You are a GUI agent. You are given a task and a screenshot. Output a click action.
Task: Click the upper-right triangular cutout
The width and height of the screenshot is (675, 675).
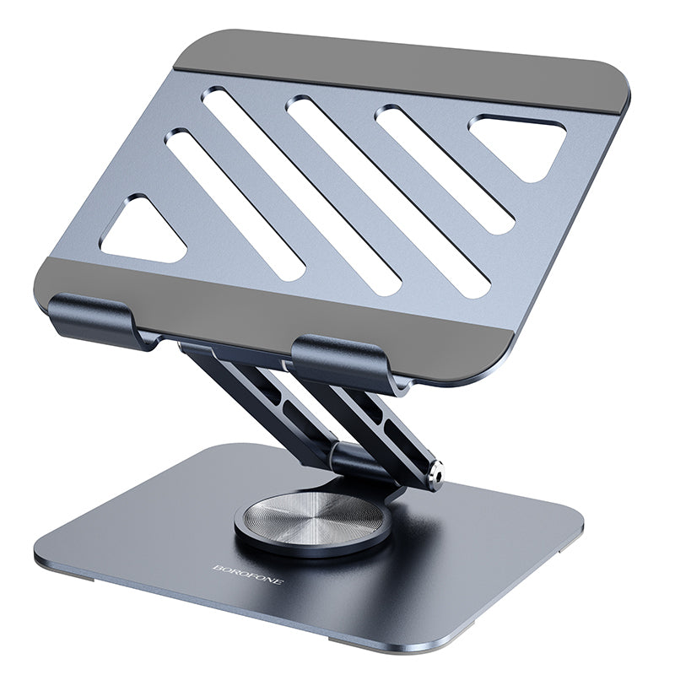pyautogui.click(x=519, y=143)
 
